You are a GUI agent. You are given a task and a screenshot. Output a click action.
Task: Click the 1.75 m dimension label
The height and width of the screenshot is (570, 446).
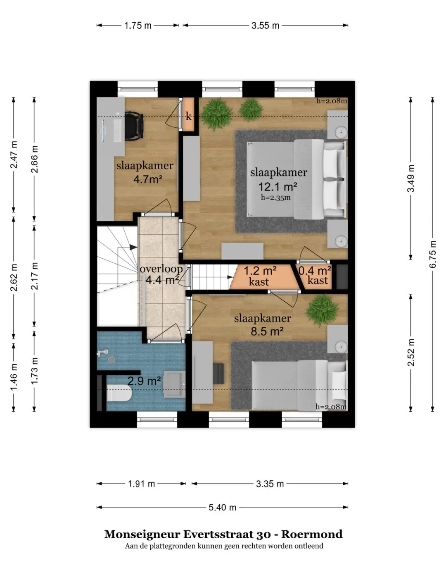tap(138, 26)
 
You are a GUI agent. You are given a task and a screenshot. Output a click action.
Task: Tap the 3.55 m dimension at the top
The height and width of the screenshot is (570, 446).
tap(265, 26)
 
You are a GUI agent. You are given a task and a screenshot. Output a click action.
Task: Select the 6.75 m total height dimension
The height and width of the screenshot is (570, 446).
tap(433, 254)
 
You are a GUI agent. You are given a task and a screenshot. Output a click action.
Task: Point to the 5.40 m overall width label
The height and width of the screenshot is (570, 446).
tap(222, 507)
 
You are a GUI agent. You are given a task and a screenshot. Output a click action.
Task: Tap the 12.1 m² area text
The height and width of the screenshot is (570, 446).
tap(278, 186)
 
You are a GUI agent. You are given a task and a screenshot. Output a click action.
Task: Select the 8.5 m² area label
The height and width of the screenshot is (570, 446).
tap(267, 331)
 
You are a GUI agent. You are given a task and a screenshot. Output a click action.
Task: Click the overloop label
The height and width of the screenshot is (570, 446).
tap(161, 269)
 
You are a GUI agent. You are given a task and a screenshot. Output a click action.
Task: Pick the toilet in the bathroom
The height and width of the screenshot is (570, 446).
tap(119, 394)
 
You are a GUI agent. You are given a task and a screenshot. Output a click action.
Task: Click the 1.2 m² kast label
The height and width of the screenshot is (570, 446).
tap(259, 276)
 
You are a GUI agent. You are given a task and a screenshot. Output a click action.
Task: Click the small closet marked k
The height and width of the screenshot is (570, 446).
tap(188, 116)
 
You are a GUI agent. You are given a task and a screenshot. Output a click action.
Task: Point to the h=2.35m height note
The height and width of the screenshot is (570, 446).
tap(275, 198)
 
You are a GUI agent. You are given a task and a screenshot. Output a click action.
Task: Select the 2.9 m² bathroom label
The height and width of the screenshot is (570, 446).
tap(144, 381)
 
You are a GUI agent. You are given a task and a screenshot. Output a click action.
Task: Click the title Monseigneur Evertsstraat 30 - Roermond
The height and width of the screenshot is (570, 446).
tap(223, 534)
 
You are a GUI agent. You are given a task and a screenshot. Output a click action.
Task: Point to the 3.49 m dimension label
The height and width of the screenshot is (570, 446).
tap(411, 178)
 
